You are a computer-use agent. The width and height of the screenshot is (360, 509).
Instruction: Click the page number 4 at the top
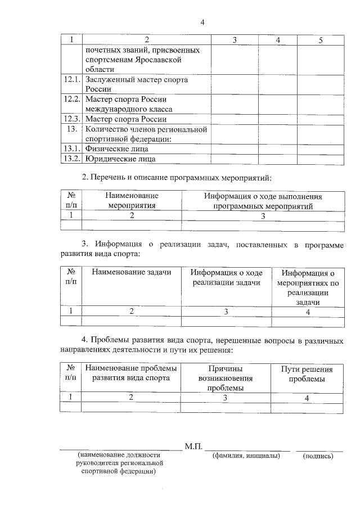coord(202,22)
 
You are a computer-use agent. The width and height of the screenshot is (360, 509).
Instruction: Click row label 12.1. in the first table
coord(71,80)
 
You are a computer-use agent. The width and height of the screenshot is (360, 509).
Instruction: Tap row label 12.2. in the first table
coord(71,100)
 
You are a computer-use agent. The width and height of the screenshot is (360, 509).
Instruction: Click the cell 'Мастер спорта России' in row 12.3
coord(127,119)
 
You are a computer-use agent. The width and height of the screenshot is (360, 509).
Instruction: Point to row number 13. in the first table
coord(71,129)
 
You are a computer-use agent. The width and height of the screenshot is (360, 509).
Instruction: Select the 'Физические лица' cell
coord(118,149)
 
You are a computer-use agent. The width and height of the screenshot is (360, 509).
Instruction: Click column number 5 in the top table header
coord(320,40)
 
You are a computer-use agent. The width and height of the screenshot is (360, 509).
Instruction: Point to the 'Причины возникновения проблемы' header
coord(225,378)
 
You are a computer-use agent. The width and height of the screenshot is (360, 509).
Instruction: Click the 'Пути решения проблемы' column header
coord(307,374)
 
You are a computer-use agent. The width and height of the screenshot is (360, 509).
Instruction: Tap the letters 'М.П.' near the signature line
coord(193,447)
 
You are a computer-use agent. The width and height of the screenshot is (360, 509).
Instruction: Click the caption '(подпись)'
coord(318,456)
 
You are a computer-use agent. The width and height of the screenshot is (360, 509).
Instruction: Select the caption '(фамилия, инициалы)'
coord(246,456)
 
